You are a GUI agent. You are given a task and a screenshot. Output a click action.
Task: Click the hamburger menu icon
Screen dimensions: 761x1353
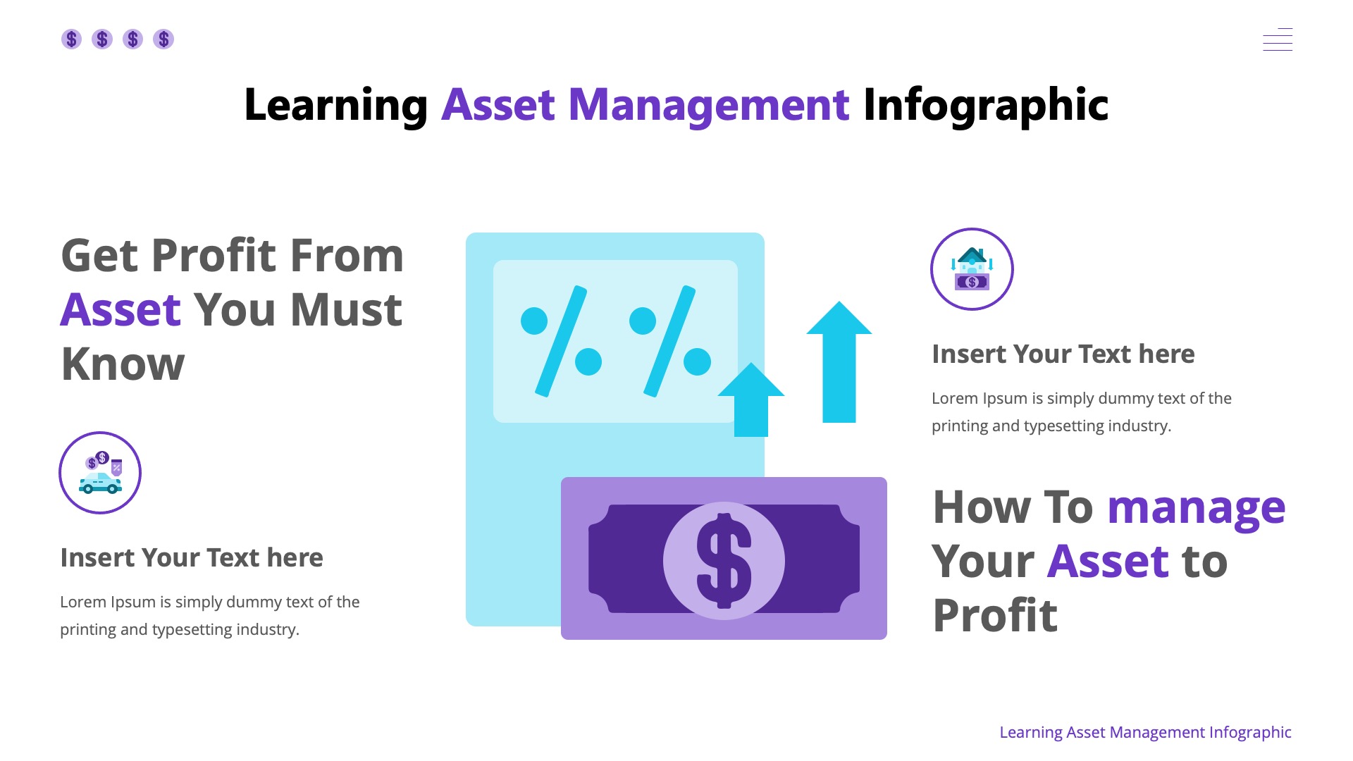coord(1277,39)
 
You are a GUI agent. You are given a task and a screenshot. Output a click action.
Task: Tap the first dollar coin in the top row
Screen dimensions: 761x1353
coord(71,39)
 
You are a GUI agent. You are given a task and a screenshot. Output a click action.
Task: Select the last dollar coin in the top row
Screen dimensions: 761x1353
coord(163,39)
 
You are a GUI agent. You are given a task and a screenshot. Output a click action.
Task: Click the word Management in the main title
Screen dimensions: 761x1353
coord(708,105)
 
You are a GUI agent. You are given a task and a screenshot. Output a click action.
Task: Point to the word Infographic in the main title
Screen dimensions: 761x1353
coord(985,105)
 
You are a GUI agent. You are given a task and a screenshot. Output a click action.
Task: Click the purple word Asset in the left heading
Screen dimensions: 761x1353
coord(121,310)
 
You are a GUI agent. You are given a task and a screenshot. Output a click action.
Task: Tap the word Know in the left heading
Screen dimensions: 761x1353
coord(123,364)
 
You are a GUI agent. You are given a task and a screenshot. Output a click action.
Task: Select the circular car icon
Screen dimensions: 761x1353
coord(100,473)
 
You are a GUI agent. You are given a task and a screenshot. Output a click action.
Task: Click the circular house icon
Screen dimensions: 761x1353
coord(972,269)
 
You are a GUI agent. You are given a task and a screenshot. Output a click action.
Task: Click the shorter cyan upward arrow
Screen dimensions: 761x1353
coord(751,400)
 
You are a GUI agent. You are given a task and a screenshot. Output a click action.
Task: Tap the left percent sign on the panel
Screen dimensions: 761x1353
coord(561,341)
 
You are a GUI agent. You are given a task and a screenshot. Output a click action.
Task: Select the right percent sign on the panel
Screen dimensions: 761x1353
coord(669,341)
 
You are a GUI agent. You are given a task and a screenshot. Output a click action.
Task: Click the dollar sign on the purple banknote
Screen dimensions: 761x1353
coord(724,560)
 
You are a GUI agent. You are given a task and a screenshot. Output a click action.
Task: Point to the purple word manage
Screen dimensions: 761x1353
coord(1196,507)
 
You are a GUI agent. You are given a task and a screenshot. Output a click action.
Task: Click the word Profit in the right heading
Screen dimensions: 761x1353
coord(994,616)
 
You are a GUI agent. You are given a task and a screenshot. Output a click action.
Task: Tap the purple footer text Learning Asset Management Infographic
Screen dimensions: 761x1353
coord(1145,732)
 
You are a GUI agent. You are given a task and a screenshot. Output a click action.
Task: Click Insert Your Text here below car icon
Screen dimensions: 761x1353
coord(192,557)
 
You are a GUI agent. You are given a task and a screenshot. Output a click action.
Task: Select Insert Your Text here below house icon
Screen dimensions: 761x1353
coord(1063,354)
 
